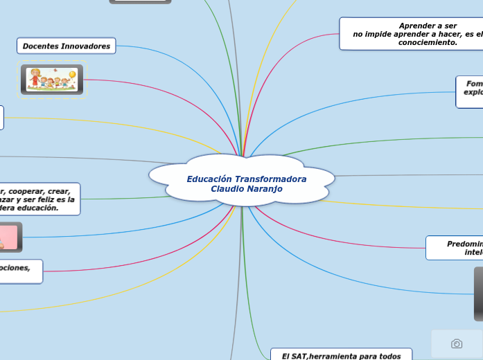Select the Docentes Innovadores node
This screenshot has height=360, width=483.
(x=67, y=46)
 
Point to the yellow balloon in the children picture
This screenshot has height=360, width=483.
(x=73, y=73)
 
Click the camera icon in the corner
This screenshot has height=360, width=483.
(x=457, y=343)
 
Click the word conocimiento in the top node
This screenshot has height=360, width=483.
(x=428, y=42)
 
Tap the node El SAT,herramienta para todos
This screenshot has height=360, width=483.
(x=341, y=355)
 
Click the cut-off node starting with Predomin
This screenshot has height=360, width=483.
(x=455, y=248)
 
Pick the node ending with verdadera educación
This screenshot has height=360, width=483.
(x=38, y=199)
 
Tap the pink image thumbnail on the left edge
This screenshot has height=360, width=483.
(x=10, y=237)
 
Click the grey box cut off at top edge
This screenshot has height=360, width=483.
(x=140, y=2)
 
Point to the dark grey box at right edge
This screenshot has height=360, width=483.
(x=478, y=294)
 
